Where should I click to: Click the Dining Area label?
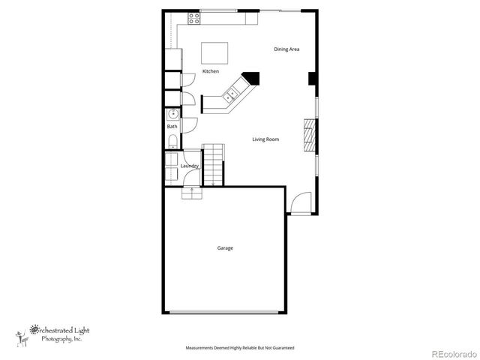(286, 49)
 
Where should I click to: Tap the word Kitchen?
(211, 71)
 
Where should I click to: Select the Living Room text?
(265, 139)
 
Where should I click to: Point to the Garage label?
(225, 248)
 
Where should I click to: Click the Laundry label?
(189, 166)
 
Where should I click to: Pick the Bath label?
(172, 126)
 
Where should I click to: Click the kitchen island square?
(214, 53)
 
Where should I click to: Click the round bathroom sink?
(172, 115)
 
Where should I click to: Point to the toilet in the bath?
(172, 140)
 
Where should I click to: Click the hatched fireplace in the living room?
(310, 135)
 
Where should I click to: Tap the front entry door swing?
(301, 203)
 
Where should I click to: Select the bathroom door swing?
(188, 125)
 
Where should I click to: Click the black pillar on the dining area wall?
(312, 79)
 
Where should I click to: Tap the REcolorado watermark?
(452, 352)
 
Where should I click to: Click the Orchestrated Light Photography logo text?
(56, 332)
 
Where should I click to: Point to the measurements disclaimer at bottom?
(240, 348)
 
